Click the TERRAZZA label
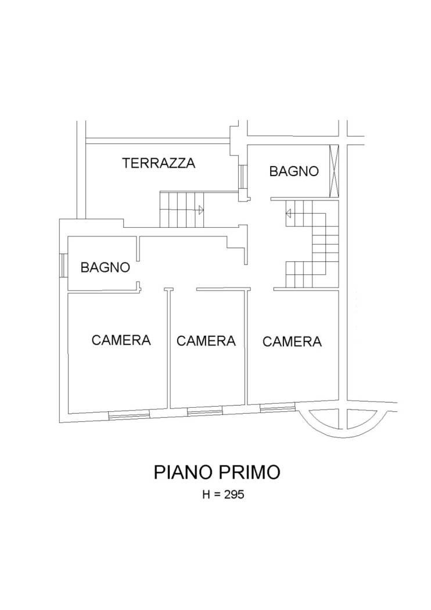[x=159, y=163]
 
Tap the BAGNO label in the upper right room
[x=294, y=171]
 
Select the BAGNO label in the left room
[x=105, y=268]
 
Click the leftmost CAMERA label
[x=121, y=340]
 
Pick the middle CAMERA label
[x=206, y=341]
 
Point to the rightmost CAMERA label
[x=292, y=342]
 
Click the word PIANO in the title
[x=183, y=472]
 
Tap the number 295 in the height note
[x=234, y=494]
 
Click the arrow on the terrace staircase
[x=201, y=210]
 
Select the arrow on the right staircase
[x=288, y=213]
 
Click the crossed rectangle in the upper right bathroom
[x=334, y=171]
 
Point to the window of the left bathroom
[x=64, y=265]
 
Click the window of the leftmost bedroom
[x=129, y=415]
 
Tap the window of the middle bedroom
[x=205, y=411]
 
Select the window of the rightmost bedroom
[x=277, y=407]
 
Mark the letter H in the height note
[x=206, y=494]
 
